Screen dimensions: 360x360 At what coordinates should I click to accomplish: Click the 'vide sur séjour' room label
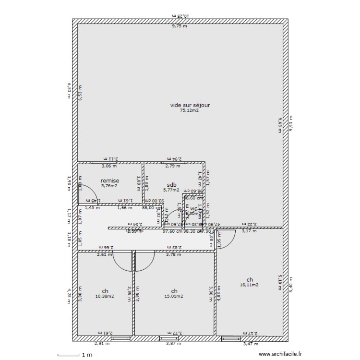pyautogui.click(x=190, y=105)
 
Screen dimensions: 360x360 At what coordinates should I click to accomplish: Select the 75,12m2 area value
pyautogui.click(x=189, y=110)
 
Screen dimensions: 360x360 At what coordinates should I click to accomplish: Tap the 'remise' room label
pyautogui.click(x=109, y=180)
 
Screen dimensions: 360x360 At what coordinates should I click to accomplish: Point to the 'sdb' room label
pyautogui.click(x=171, y=185)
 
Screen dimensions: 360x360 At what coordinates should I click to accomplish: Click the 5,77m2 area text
pyautogui.click(x=171, y=190)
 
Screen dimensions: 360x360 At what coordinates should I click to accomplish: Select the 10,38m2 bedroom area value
pyautogui.click(x=105, y=296)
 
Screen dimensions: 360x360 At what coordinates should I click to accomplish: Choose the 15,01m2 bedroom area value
pyautogui.click(x=174, y=296)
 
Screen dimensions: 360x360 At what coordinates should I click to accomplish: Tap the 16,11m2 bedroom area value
pyautogui.click(x=249, y=285)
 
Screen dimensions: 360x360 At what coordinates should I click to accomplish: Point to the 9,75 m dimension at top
pyautogui.click(x=180, y=26)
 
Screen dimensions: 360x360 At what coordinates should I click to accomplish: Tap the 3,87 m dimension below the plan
pyautogui.click(x=173, y=344)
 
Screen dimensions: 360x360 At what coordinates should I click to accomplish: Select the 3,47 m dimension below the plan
pyautogui.click(x=251, y=344)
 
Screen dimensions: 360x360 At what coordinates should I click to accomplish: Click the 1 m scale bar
pyautogui.click(x=68, y=355)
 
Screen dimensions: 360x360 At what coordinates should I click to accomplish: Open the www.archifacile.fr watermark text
pyautogui.click(x=281, y=354)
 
